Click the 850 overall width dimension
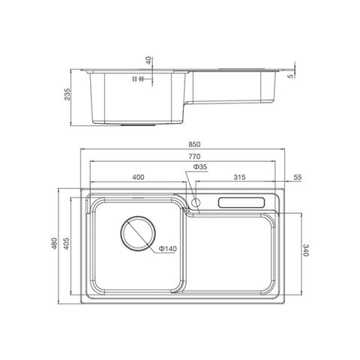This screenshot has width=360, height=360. [x=194, y=145]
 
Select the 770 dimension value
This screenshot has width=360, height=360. [x=194, y=157]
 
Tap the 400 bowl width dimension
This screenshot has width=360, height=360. [x=138, y=177]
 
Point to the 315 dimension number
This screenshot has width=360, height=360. [x=239, y=177]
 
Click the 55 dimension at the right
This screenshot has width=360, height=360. [x=298, y=177]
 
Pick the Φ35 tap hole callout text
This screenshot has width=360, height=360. [x=200, y=166]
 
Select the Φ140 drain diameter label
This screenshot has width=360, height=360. [x=167, y=249]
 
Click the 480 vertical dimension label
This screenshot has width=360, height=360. [x=54, y=244]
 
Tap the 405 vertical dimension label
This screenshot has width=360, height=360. [x=66, y=244]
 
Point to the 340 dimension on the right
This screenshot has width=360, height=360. [x=306, y=250]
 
